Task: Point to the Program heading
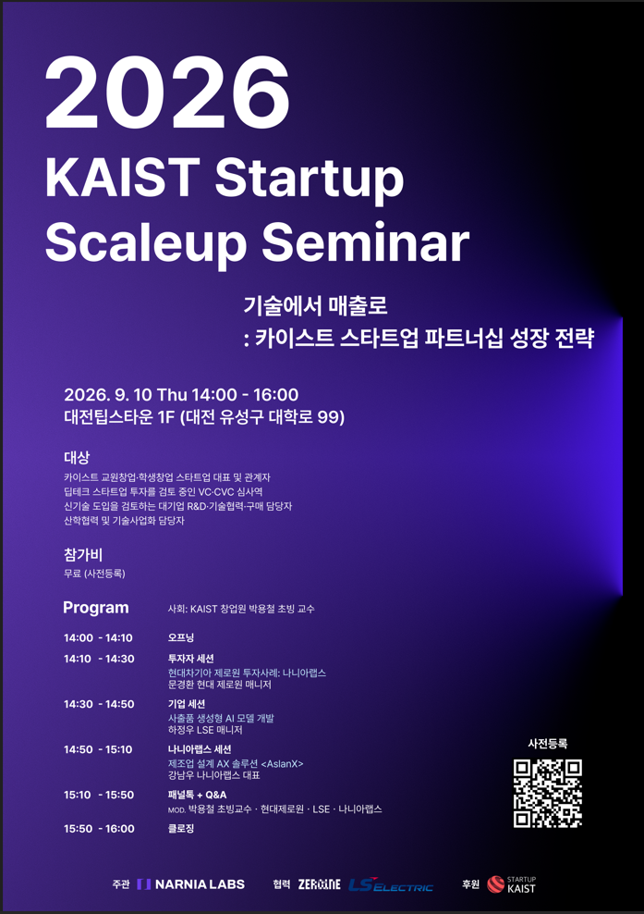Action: click(x=96, y=608)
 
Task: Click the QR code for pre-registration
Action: click(x=547, y=793)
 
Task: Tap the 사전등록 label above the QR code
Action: click(x=547, y=743)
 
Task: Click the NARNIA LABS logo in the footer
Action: click(x=191, y=884)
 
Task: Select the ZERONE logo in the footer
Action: click(x=319, y=884)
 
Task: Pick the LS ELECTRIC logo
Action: click(x=391, y=884)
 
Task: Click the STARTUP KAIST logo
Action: click(x=512, y=884)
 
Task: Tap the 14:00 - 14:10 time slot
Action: click(x=99, y=637)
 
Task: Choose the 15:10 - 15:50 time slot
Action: click(x=99, y=795)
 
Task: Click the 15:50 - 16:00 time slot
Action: click(x=99, y=828)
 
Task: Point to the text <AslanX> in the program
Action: click(x=283, y=763)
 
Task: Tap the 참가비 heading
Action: click(x=83, y=555)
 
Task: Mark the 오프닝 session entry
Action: click(x=181, y=637)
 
